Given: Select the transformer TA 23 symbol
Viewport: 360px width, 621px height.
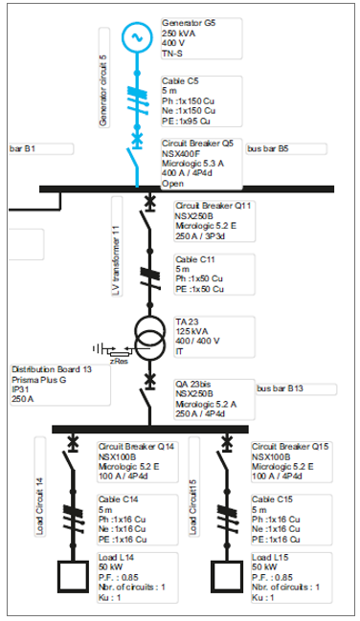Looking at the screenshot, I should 149,332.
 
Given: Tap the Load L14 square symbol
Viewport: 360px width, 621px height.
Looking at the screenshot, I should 73,577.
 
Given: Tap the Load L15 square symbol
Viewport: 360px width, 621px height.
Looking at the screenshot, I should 227,577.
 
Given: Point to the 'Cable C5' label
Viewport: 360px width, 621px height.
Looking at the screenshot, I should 180,81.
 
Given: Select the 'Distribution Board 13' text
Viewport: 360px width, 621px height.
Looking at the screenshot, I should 52,369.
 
